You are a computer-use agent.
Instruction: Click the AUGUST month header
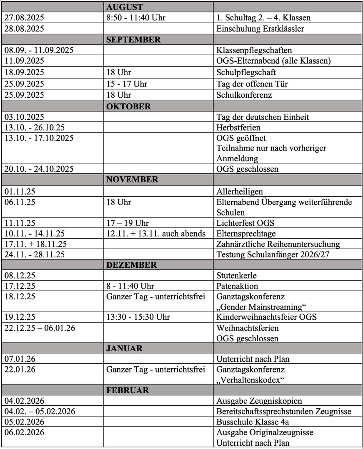(125, 7)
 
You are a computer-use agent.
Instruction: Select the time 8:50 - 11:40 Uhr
(135, 18)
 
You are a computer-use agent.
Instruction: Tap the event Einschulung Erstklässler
(260, 29)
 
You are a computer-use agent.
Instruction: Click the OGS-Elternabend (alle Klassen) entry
(273, 61)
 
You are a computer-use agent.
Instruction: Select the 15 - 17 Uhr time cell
(127, 84)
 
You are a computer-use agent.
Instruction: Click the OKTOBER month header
(128, 106)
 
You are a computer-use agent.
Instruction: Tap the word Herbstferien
(238, 128)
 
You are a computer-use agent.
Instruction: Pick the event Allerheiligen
(240, 192)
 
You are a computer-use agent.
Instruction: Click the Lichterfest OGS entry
(245, 223)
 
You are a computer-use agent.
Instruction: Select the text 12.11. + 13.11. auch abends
(156, 234)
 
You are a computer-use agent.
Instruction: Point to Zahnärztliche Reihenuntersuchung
(278, 244)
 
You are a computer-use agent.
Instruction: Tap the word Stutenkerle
(236, 275)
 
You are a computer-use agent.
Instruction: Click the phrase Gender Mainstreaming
(262, 307)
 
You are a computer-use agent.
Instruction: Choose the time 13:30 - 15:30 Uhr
(138, 317)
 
